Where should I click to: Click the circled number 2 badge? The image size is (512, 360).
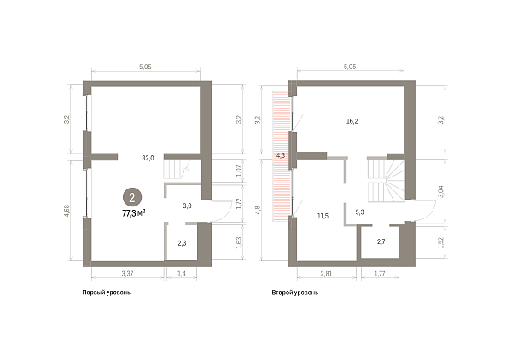(x=132, y=197)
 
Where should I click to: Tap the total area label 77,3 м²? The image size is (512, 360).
(x=134, y=213)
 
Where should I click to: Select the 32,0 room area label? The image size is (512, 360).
(x=148, y=158)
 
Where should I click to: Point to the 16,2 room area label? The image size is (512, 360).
(x=352, y=121)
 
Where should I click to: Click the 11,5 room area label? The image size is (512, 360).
(x=323, y=216)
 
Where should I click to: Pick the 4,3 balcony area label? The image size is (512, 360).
(x=281, y=155)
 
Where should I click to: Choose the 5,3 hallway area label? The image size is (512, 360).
(x=359, y=212)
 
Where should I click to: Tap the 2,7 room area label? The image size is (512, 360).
(x=381, y=241)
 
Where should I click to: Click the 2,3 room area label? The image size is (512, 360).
(x=182, y=243)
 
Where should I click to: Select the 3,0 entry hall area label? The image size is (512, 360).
(x=187, y=206)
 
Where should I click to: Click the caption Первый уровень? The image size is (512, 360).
(x=107, y=293)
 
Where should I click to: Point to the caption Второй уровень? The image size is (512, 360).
(x=295, y=293)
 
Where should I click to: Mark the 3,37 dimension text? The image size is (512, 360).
(x=127, y=274)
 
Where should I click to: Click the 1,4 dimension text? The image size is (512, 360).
(x=182, y=274)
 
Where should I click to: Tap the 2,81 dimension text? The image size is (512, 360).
(x=326, y=274)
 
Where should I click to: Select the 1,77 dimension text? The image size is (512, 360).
(x=380, y=274)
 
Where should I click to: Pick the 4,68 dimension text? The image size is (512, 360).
(x=67, y=211)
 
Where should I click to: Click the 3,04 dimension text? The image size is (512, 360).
(x=441, y=191)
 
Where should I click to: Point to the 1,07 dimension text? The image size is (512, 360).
(x=239, y=171)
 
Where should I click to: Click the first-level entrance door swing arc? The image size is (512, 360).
(x=227, y=214)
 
